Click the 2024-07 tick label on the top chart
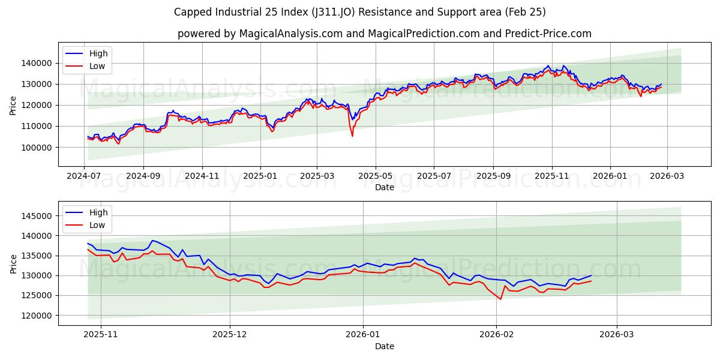click(x=85, y=176)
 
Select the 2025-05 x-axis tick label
click(x=376, y=176)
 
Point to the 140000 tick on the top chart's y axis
click(x=37, y=63)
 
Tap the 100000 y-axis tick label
click(x=37, y=147)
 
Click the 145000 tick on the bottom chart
click(x=37, y=216)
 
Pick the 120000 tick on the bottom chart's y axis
click(x=37, y=315)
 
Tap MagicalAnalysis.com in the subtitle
click(x=292, y=34)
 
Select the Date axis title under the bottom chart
click(x=385, y=346)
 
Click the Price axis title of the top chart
click(x=13, y=105)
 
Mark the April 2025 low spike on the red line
click(x=352, y=136)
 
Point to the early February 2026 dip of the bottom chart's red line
click(x=500, y=299)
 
